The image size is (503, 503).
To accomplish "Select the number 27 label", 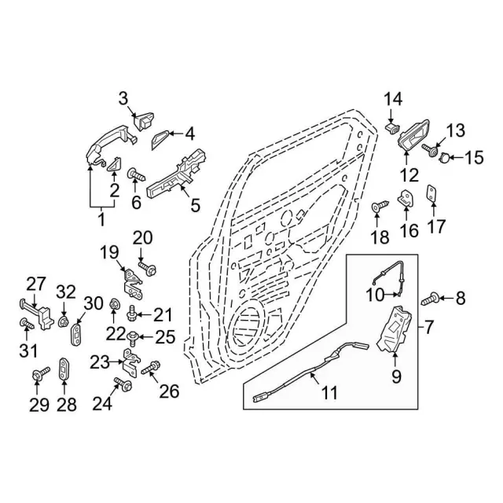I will click(38, 284).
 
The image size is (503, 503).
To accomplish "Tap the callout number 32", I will click(66, 292).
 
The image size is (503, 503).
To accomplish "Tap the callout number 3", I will click(123, 98).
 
